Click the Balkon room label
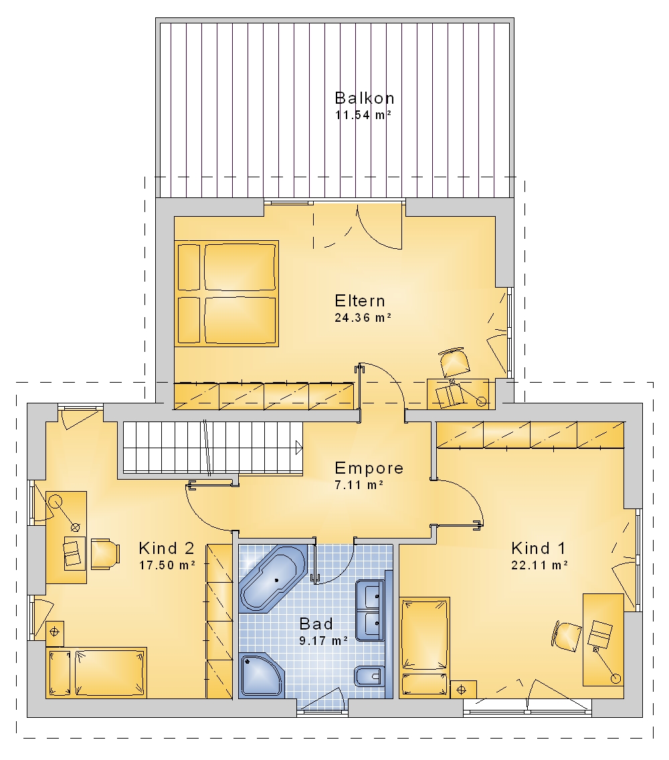tap(365, 98)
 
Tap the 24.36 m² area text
tap(363, 318)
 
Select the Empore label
tap(369, 468)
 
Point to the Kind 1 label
tap(538, 548)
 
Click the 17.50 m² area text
tap(167, 565)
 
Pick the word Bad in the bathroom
tap(316, 624)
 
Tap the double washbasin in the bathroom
tap(371, 610)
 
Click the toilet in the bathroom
tap(369, 676)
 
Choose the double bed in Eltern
tap(226, 293)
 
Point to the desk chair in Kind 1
tap(567, 636)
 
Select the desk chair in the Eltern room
tap(455, 362)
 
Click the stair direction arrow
tap(299, 448)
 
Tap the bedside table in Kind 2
tap(55, 633)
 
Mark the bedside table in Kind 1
tap(463, 689)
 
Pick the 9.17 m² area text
tap(323, 641)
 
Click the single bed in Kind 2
tap(96, 673)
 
